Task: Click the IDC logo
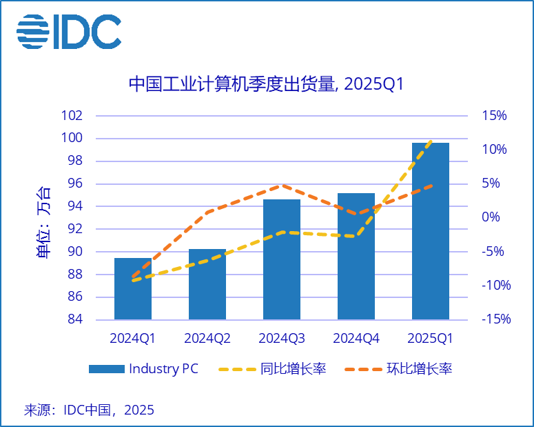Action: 69,31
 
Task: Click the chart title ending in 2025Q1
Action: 266,84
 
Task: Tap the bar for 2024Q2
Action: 207,284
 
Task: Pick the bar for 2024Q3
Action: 282,259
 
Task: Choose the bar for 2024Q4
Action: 356,257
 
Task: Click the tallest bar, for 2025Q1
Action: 431,231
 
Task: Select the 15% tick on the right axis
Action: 494,116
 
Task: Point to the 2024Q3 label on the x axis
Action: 282,339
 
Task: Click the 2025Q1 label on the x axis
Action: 431,339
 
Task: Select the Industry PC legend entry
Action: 143,369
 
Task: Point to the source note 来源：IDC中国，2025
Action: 89,410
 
